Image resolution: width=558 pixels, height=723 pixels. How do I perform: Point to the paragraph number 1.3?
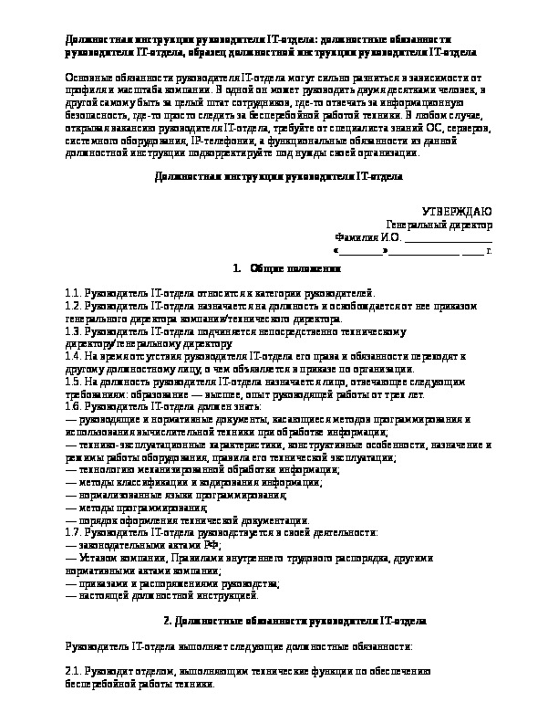pyautogui.click(x=74, y=332)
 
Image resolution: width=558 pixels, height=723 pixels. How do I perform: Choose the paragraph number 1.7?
pyautogui.click(x=74, y=530)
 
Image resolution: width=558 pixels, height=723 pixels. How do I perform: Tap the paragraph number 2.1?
pyautogui.click(x=74, y=670)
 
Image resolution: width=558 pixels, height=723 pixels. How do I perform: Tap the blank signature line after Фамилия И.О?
pyautogui.click(x=446, y=236)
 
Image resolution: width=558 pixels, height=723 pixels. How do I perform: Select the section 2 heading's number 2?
pyautogui.click(x=165, y=621)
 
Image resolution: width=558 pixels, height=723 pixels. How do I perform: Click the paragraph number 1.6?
pyautogui.click(x=74, y=403)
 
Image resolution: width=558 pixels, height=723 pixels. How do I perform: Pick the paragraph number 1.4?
pyautogui.click(x=74, y=355)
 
